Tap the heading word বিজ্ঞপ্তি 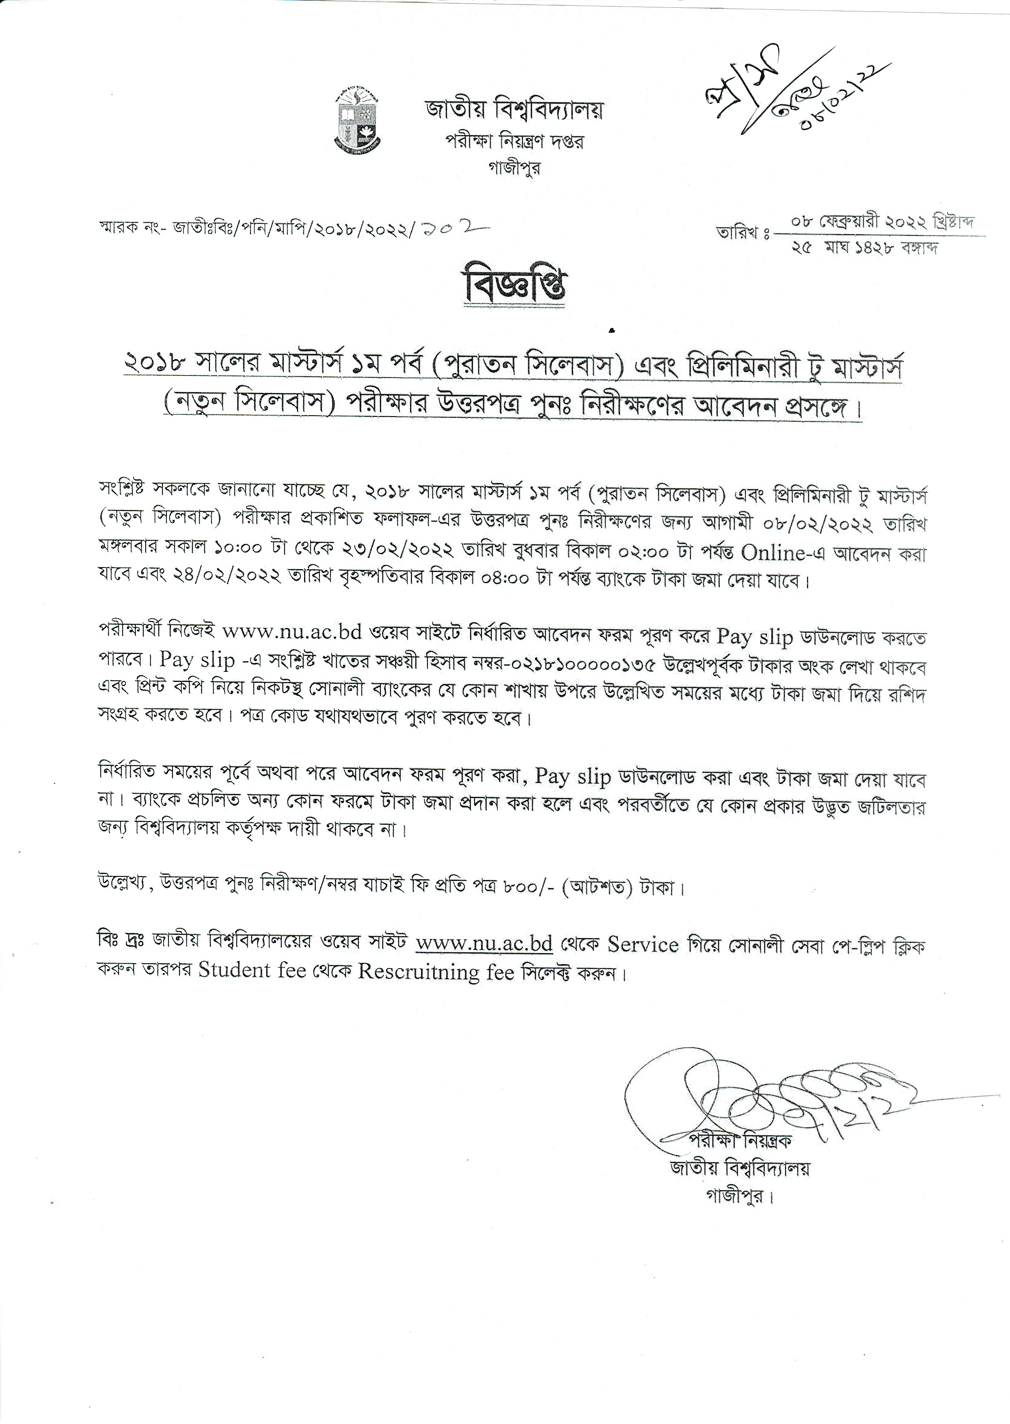[514, 286]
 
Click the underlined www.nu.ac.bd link [484, 943]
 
